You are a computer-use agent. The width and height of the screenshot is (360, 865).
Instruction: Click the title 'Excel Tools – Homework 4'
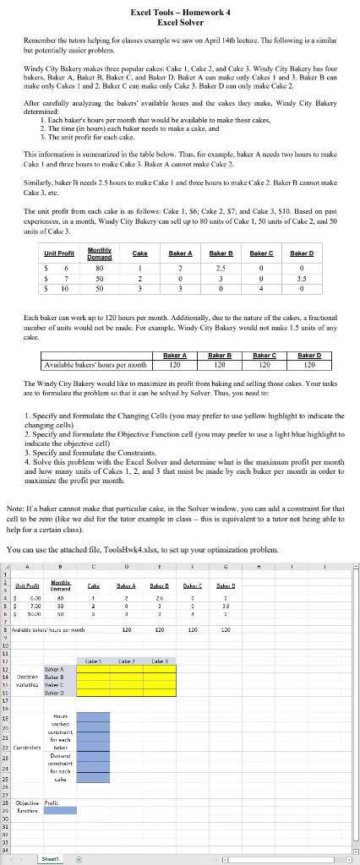(x=179, y=12)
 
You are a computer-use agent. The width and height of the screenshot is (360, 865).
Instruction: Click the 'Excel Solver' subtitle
(x=179, y=23)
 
